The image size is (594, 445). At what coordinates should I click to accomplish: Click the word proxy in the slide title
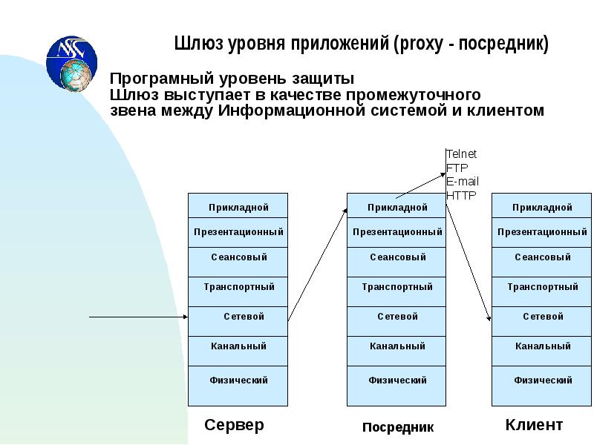pos(420,44)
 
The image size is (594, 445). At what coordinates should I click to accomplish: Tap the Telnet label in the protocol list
pos(461,154)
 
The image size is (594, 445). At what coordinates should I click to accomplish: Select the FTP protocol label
pos(457,168)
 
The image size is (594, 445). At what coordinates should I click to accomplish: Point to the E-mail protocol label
pos(463,182)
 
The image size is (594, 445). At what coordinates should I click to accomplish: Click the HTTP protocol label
pos(461,196)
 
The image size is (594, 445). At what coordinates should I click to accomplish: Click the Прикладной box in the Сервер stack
pos(238,207)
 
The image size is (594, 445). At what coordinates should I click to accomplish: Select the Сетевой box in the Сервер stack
pos(238,318)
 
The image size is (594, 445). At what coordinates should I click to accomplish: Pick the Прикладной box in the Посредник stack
pos(397,207)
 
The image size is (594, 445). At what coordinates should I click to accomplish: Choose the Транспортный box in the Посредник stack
pos(397,289)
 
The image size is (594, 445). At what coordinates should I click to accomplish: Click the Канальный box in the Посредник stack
pos(397,348)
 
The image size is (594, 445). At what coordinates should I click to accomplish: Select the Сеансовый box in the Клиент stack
pos(542,260)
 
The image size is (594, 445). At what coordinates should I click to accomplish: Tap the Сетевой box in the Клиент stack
pos(542,318)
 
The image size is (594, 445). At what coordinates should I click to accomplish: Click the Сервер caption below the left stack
pos(234,426)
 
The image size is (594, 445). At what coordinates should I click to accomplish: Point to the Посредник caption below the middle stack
pos(398,427)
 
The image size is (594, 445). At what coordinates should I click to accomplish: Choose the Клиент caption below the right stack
pos(534,426)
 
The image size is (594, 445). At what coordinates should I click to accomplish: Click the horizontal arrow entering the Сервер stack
pos(138,317)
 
